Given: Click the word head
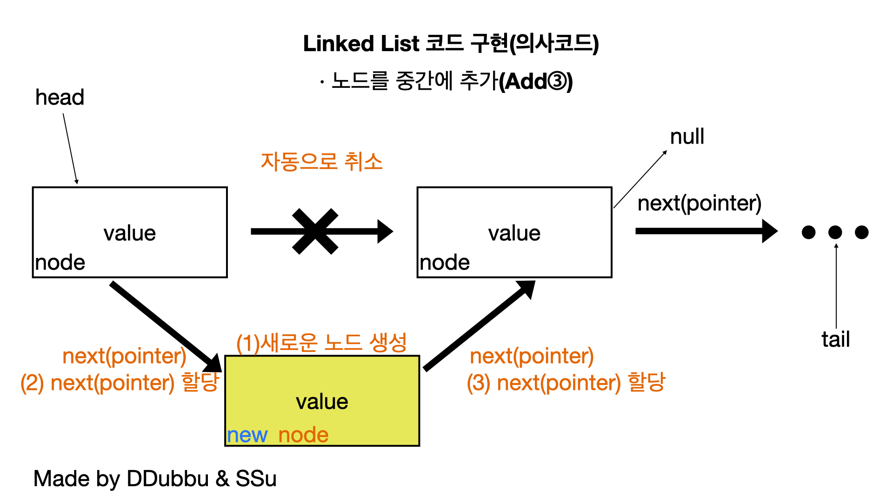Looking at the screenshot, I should coord(60,98).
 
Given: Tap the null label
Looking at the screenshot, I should coord(687,137).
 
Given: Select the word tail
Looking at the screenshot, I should coord(835,339).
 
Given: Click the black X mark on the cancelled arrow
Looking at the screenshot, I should coord(315,231).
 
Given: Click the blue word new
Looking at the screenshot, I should coord(247,435).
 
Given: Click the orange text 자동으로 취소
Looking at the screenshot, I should coord(321,162).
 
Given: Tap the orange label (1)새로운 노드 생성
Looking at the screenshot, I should coord(321,343).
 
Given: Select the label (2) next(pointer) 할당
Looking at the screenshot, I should coord(120,383).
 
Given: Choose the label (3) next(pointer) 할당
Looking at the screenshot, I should coord(566,383).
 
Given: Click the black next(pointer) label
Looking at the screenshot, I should coord(699,203).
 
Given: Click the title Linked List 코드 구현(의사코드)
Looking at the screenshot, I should coord(451,44).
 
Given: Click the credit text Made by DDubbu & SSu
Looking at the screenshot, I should coord(155,478).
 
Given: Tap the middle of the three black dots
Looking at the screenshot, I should coord(835,232).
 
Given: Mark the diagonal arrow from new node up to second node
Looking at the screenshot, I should coord(479,325).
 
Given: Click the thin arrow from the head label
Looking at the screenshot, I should coord(70,149).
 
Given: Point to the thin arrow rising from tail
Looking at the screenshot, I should coord(836,286).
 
